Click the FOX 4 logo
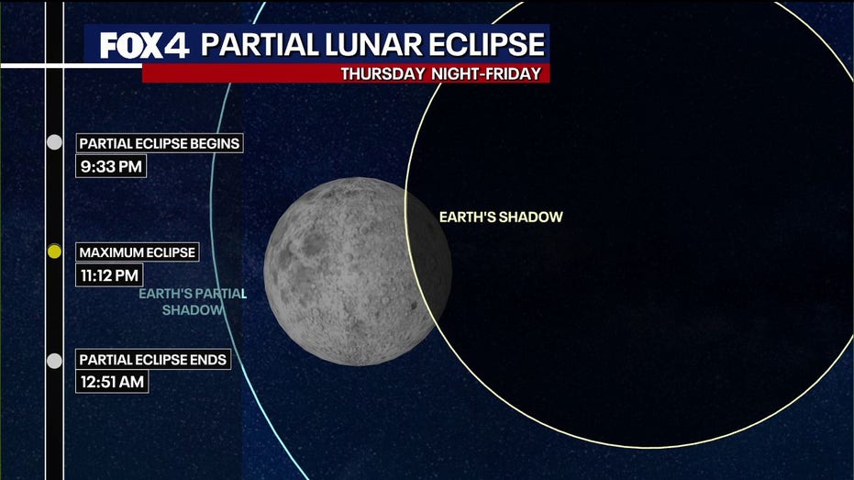(144, 45)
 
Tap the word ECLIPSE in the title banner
(486, 45)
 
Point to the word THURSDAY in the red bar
(383, 74)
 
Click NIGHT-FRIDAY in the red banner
(486, 74)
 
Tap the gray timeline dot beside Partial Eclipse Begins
(54, 142)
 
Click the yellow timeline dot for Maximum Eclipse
(54, 251)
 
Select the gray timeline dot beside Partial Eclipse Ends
(54, 361)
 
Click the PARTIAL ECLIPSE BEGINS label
(159, 143)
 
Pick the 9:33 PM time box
(111, 166)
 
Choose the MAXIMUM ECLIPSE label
(138, 252)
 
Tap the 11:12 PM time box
(109, 275)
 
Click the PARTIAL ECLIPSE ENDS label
(153, 360)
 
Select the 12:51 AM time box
(112, 382)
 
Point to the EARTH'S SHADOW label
(501, 217)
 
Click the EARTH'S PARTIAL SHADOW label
(193, 302)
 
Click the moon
(358, 272)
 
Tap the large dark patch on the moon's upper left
(314, 244)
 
